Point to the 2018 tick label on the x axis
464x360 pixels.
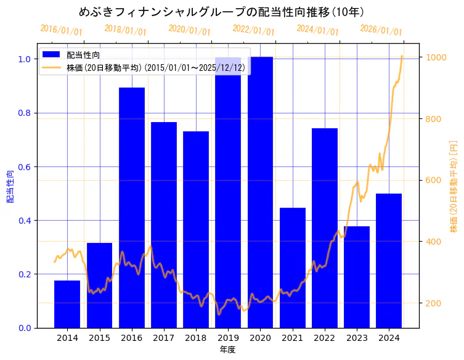[x=196, y=338]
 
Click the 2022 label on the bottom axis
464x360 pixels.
[x=325, y=338]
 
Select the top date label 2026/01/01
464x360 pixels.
[x=381, y=30]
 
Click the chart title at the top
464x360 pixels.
[x=221, y=12]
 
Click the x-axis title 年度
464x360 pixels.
[x=228, y=350]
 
